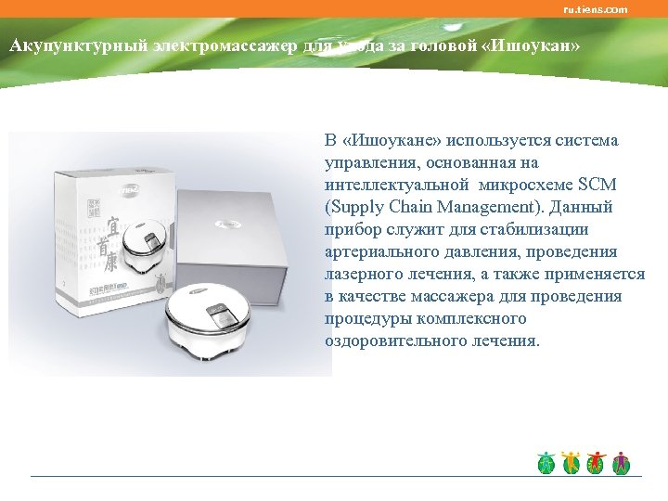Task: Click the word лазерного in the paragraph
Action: point(363,274)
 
